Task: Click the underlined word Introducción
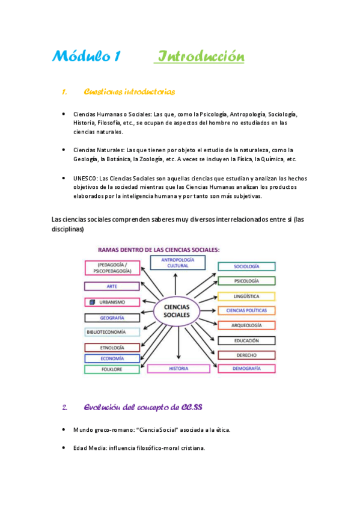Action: pos(200,57)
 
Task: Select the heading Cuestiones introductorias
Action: pos(129,92)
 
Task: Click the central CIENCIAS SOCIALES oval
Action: pos(176,311)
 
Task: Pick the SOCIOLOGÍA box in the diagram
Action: pos(246,266)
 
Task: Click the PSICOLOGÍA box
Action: pos(246,281)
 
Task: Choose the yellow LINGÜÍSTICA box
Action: pos(246,296)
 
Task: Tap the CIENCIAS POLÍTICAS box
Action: pos(246,310)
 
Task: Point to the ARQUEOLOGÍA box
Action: pos(246,325)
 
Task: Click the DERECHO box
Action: pos(246,355)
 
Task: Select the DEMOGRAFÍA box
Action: pos(246,368)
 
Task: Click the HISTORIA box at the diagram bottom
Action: pos(178,368)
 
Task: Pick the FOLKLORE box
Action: pos(112,369)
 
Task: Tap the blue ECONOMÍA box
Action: pos(112,358)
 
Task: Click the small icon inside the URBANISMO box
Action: pos(92,302)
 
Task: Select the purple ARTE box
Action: pos(112,286)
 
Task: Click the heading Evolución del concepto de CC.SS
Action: pos(142,408)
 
